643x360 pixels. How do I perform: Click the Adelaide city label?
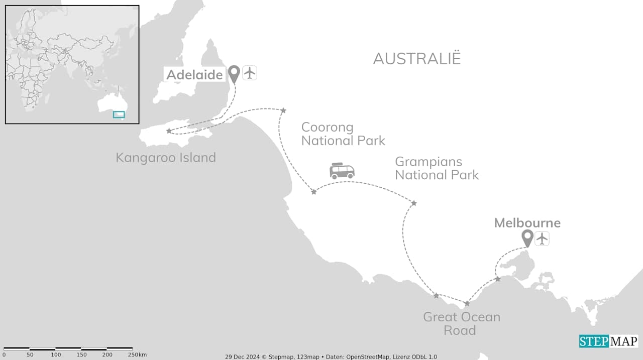coord(194,75)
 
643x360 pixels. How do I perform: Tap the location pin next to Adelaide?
coord(234,74)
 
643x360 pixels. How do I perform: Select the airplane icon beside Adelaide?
coord(250,73)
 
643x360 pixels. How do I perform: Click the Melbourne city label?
coord(527,223)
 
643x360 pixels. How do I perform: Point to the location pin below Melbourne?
coord(527,238)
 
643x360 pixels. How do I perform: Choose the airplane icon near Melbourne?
coord(542,238)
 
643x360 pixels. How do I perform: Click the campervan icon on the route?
coord(342,171)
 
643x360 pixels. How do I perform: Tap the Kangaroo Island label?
coord(166,158)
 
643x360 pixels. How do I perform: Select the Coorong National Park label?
coord(343,134)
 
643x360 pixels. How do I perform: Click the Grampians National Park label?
coord(437,168)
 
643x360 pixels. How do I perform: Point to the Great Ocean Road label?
coord(461,323)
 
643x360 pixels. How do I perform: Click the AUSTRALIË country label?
coord(416,59)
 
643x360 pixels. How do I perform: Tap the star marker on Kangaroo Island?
coord(169,131)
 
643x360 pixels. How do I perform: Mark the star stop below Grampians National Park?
coord(414,203)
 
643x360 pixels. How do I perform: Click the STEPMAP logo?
coord(608,341)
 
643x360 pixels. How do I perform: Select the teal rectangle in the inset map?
coord(119,114)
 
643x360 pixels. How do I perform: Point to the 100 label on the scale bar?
coord(56,355)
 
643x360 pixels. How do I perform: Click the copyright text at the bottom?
coord(331,356)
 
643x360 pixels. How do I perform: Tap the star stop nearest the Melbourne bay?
coord(497,279)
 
